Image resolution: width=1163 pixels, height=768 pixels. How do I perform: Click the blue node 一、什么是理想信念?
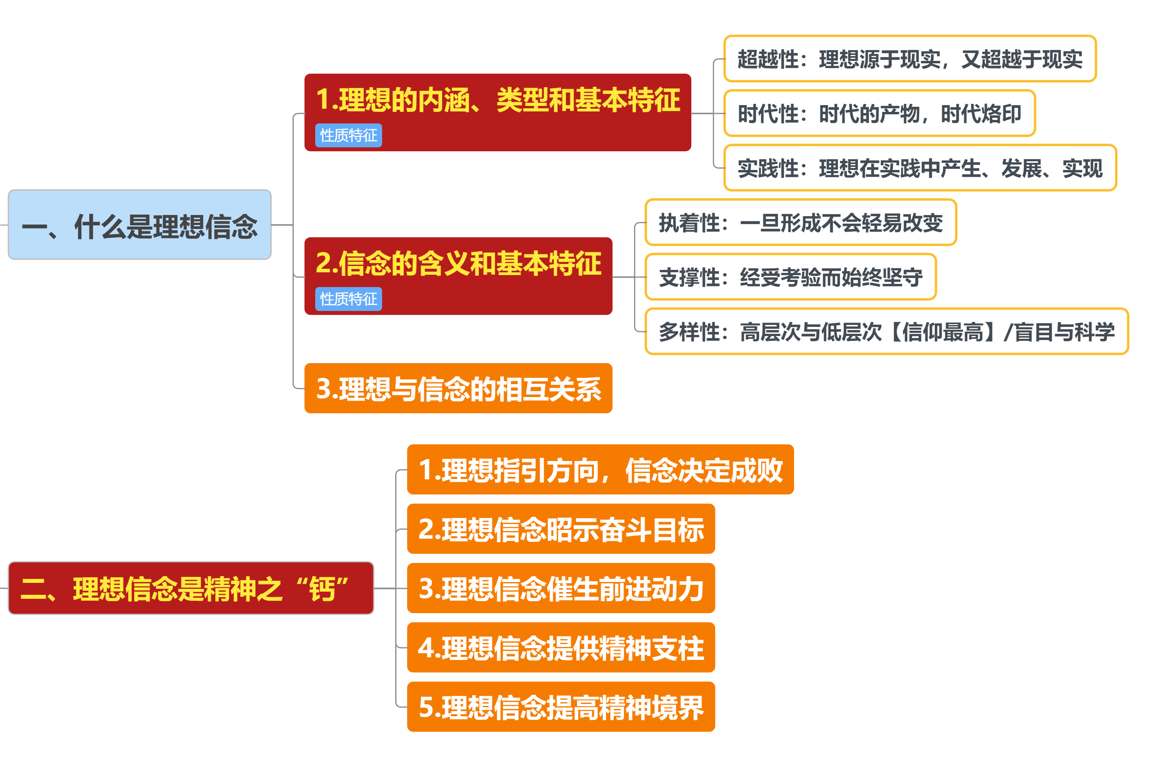(x=140, y=225)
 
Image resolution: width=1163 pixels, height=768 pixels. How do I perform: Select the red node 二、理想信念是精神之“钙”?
(x=191, y=588)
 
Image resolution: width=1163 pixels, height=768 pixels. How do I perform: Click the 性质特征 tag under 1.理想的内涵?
(x=348, y=136)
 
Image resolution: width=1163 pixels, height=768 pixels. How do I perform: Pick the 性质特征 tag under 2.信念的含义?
(x=348, y=299)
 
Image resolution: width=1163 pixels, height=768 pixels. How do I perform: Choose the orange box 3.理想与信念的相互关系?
(x=459, y=389)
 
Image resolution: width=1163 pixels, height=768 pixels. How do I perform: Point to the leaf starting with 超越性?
(x=910, y=59)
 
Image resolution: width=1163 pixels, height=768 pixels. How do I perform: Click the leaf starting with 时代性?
(x=880, y=113)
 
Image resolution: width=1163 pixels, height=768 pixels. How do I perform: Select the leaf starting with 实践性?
(x=920, y=168)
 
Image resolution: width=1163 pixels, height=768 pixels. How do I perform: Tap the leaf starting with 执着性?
(x=801, y=223)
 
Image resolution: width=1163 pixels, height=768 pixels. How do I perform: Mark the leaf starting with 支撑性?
(x=790, y=277)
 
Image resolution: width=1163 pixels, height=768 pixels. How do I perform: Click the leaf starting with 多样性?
(x=886, y=332)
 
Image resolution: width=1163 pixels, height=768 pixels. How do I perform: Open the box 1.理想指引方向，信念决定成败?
(x=600, y=470)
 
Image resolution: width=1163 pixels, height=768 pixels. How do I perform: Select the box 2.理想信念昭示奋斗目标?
(x=561, y=529)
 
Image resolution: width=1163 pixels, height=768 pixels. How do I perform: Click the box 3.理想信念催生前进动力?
(x=561, y=588)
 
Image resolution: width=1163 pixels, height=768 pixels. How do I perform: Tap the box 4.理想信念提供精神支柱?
(x=561, y=647)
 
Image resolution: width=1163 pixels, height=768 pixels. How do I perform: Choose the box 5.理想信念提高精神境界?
(x=561, y=707)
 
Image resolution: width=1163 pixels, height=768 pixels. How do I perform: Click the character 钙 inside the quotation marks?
(x=322, y=589)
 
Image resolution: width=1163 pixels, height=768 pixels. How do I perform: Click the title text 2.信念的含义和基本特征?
(x=459, y=264)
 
